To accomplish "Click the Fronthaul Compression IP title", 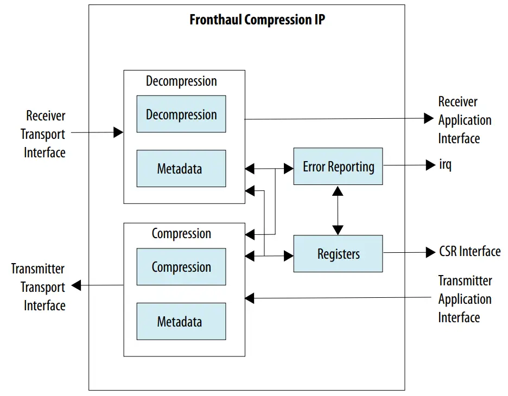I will coord(257,21).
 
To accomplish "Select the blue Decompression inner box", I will coord(181,114).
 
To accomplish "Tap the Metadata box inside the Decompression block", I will coord(181,169).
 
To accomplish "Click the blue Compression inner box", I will coord(181,267).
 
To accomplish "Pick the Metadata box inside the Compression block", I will coord(181,322).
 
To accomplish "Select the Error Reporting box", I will coord(338,166).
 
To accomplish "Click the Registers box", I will coord(338,253).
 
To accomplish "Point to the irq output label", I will coord(445,165).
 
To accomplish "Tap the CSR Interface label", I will coord(469,252).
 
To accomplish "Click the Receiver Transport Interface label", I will coord(44,134).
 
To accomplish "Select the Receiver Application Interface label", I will coord(465,120).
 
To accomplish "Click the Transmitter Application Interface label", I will coord(465,299).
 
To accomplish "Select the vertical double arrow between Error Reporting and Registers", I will coord(338,210).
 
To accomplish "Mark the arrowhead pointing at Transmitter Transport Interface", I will coord(77,285).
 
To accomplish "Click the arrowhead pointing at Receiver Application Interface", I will coord(429,118).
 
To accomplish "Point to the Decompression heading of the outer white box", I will coord(181,81).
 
